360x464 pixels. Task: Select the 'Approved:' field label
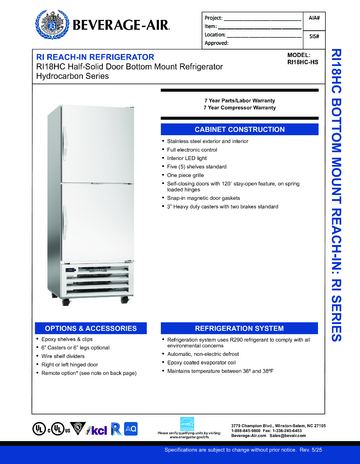pyautogui.click(x=189, y=44)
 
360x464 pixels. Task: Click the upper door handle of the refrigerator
pyautogui.click(x=69, y=148)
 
